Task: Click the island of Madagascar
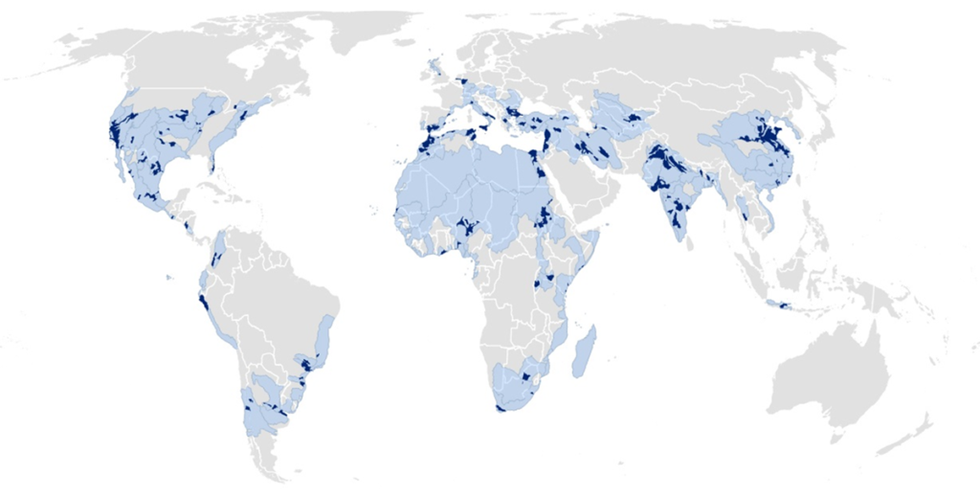[584, 351]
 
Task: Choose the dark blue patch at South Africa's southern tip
[501, 408]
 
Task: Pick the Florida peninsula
[212, 177]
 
